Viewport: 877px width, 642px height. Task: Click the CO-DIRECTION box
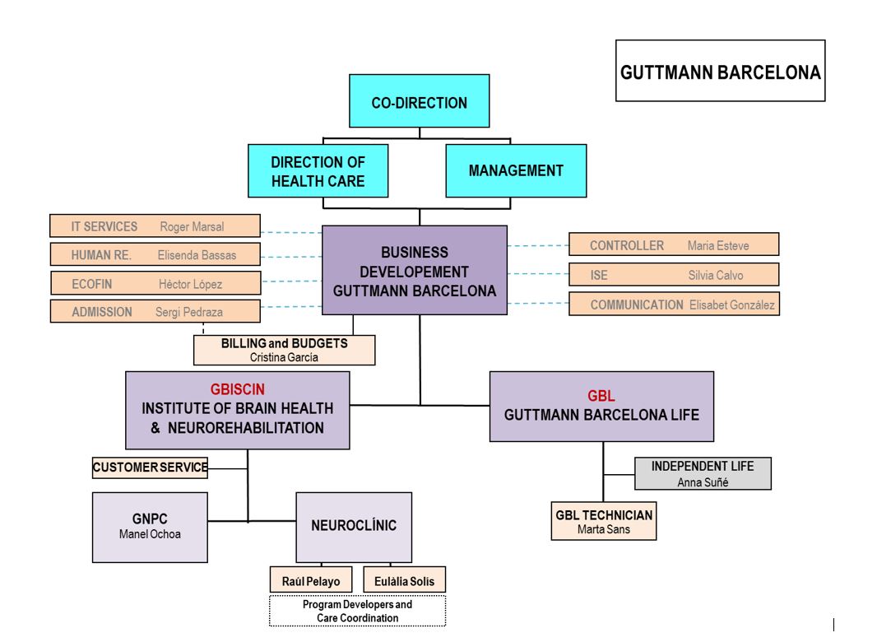(419, 100)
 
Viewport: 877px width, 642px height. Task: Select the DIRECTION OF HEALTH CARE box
(318, 170)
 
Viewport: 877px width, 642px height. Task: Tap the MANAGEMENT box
(516, 170)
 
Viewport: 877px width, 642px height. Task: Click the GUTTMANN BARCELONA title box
(721, 71)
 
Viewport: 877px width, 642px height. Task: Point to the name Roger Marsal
(192, 226)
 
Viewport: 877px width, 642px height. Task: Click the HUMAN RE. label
(101, 255)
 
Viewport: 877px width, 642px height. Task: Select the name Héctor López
(190, 284)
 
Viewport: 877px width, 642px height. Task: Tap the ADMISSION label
(102, 312)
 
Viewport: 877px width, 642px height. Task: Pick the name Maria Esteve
(718, 246)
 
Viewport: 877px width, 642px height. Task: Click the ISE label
(599, 276)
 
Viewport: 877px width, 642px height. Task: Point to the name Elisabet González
(731, 305)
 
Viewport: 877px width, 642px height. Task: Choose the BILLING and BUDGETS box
(284, 351)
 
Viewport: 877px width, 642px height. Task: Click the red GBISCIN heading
(237, 389)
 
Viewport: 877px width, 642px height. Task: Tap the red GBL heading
(601, 396)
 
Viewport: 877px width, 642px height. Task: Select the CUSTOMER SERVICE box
(150, 468)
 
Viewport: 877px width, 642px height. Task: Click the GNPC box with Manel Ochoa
(150, 528)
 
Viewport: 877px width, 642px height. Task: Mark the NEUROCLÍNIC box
(354, 528)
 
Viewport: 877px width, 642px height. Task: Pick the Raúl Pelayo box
(311, 580)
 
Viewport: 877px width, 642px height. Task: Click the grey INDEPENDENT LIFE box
(703, 473)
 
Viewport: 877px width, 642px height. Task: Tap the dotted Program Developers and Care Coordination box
(357, 612)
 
